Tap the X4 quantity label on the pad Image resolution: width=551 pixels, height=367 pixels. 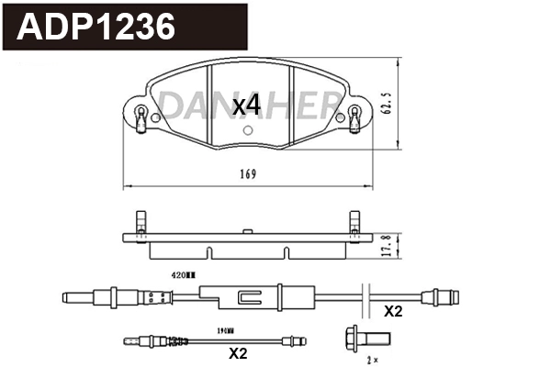click(246, 106)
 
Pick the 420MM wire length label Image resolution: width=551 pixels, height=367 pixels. click(185, 274)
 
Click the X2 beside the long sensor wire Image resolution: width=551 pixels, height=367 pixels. click(392, 311)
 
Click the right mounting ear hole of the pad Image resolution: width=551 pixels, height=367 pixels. click(354, 116)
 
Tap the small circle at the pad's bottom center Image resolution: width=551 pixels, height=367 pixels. click(247, 129)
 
